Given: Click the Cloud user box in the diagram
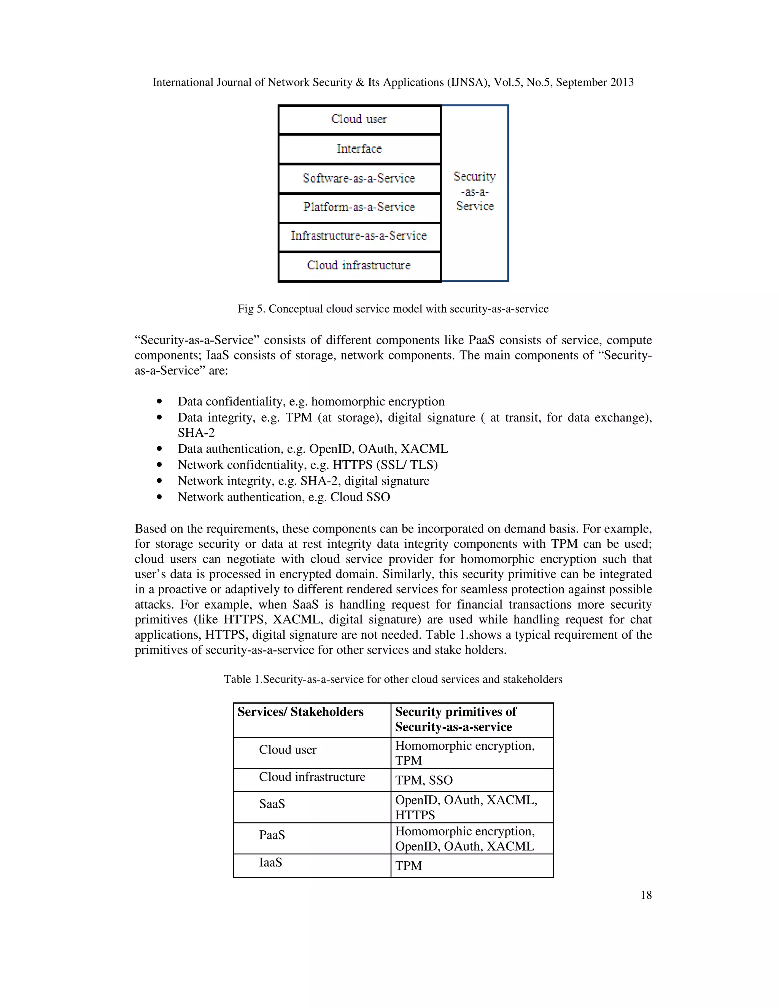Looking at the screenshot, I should [359, 119].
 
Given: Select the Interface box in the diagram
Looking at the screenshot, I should [359, 149].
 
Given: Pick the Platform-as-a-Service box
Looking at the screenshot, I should [359, 207].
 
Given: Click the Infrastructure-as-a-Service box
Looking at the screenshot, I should [359, 236].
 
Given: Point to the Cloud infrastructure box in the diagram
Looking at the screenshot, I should [359, 266].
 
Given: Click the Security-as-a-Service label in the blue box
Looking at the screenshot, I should [475, 192].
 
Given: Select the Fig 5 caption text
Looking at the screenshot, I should [393, 309].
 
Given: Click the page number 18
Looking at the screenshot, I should [645, 895].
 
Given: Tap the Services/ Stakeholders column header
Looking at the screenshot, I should [300, 712].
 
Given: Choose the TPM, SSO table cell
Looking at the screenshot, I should [424, 780].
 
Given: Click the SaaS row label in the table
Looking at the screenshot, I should [272, 804].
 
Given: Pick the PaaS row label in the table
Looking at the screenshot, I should [272, 835].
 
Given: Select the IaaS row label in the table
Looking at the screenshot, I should [270, 862].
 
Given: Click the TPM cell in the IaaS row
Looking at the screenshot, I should [409, 865].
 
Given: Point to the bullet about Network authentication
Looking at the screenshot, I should [283, 497].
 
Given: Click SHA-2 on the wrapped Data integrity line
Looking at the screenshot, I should [196, 433].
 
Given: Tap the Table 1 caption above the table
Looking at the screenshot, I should [393, 679].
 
